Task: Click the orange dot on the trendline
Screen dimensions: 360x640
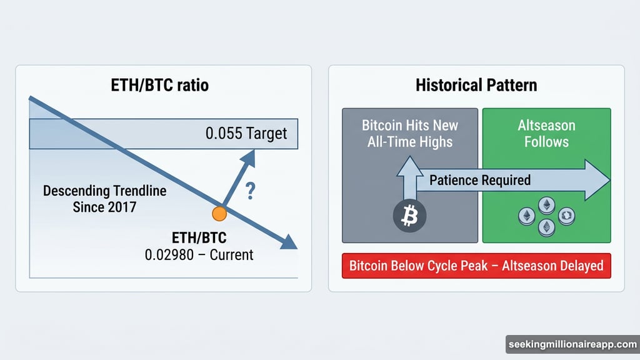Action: pos(219,214)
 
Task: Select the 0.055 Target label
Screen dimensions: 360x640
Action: pos(246,134)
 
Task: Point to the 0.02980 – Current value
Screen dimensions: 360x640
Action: pos(199,254)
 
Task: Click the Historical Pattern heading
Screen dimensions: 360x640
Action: pos(476,84)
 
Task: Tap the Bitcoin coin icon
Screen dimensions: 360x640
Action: pos(409,216)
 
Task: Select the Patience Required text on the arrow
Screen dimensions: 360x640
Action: pos(479,181)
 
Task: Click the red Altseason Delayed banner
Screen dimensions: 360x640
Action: pos(476,266)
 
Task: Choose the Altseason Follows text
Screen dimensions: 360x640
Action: pos(546,133)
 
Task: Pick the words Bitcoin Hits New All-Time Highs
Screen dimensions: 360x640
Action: pos(410,133)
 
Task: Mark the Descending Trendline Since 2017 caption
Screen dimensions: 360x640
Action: pos(104,198)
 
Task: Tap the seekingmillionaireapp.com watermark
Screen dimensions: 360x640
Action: pos(571,345)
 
